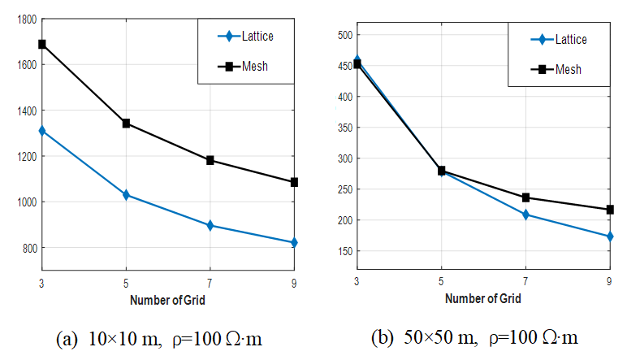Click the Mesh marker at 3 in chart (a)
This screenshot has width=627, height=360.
click(x=41, y=44)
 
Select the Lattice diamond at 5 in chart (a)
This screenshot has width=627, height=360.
click(x=126, y=195)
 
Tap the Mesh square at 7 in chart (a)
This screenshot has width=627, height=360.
click(x=210, y=160)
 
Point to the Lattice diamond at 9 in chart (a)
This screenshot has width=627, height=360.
click(x=294, y=242)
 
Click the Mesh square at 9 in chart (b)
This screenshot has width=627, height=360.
click(x=609, y=210)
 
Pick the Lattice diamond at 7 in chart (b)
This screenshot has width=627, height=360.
click(x=525, y=215)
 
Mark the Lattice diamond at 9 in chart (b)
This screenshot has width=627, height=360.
click(x=609, y=236)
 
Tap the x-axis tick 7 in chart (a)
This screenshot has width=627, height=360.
click(x=210, y=281)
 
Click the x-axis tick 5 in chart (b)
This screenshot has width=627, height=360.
click(x=442, y=281)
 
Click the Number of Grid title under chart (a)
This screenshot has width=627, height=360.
click(x=167, y=300)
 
